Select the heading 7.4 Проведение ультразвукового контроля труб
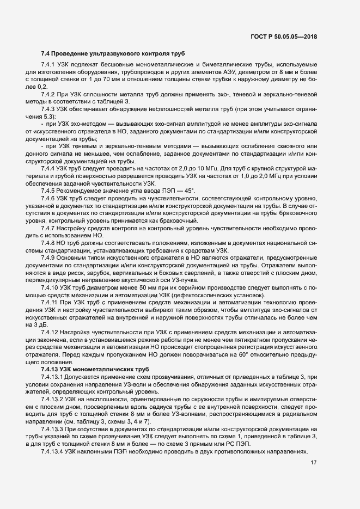[x=113, y=53]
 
